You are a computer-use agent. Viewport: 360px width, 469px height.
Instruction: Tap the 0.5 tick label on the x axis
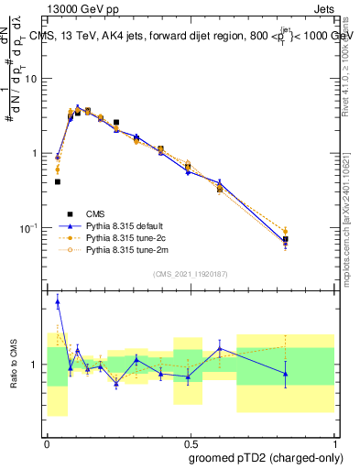(x=191, y=441)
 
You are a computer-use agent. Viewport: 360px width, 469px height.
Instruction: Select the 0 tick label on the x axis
(x=47, y=441)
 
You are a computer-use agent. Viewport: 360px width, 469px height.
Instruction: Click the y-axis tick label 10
(x=31, y=78)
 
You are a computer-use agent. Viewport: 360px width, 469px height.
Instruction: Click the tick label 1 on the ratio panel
(x=36, y=365)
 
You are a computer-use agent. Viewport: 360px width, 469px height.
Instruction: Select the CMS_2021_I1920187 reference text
(x=191, y=273)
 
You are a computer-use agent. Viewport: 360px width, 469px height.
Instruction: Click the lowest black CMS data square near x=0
(x=57, y=182)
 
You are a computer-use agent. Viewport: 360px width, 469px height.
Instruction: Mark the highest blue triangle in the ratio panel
(x=58, y=301)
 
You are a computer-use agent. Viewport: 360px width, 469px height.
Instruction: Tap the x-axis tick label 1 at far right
(x=334, y=441)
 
